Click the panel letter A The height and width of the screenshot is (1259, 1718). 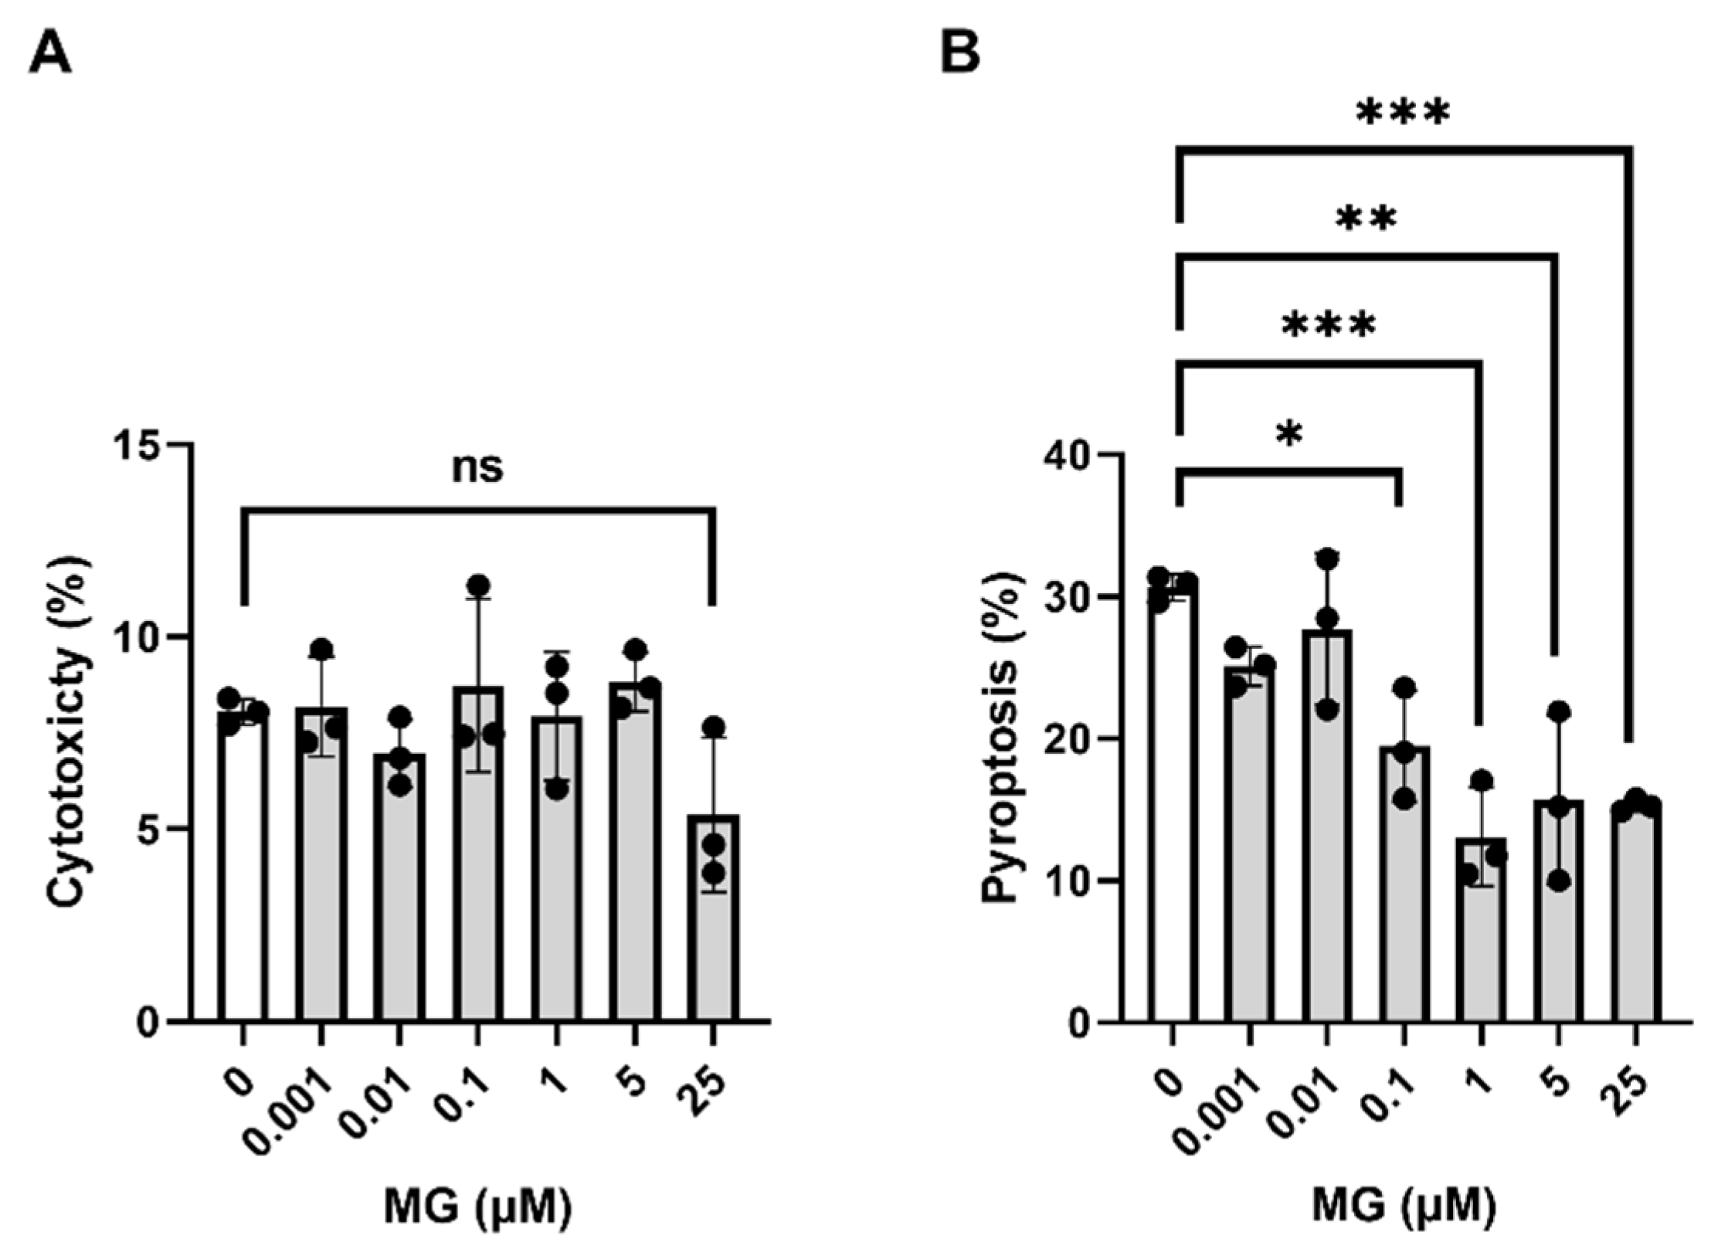click(50, 57)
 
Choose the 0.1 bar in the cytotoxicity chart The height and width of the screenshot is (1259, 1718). click(477, 857)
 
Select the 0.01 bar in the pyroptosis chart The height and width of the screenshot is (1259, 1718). click(1326, 834)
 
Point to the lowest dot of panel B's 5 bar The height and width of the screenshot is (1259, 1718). click(1559, 881)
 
